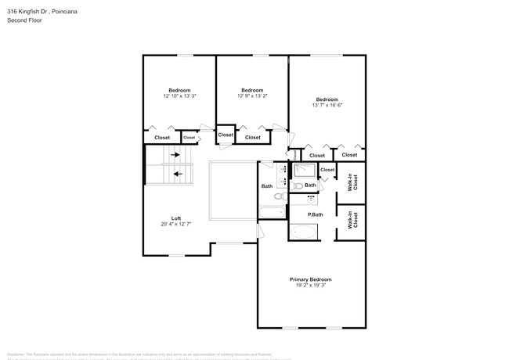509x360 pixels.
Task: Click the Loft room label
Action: point(176,218)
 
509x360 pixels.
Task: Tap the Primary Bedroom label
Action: point(311,279)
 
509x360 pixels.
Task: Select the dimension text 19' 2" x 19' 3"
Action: point(311,286)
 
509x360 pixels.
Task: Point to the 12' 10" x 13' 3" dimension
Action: point(179,96)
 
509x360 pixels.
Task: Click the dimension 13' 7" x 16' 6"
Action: point(327,105)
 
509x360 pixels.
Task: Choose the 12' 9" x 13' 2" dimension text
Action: point(252,95)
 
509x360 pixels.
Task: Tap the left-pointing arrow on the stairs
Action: point(178,174)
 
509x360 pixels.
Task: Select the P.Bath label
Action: point(316,214)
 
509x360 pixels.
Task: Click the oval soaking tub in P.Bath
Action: point(305,232)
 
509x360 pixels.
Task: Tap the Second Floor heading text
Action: point(24,20)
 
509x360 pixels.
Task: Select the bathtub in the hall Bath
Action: point(273,212)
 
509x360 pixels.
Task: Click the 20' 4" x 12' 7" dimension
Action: point(176,224)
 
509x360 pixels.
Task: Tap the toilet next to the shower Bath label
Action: point(298,186)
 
